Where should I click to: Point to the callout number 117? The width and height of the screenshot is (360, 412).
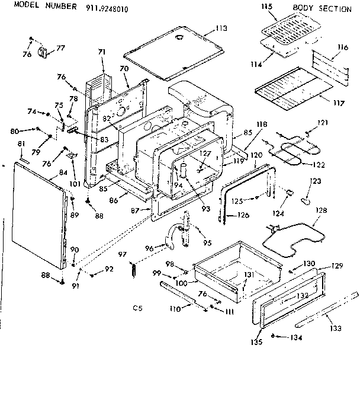339,103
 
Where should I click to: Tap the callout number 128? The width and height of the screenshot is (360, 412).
320,210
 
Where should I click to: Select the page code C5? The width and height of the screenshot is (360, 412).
137,308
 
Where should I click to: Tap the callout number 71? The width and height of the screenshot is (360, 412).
101,53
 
